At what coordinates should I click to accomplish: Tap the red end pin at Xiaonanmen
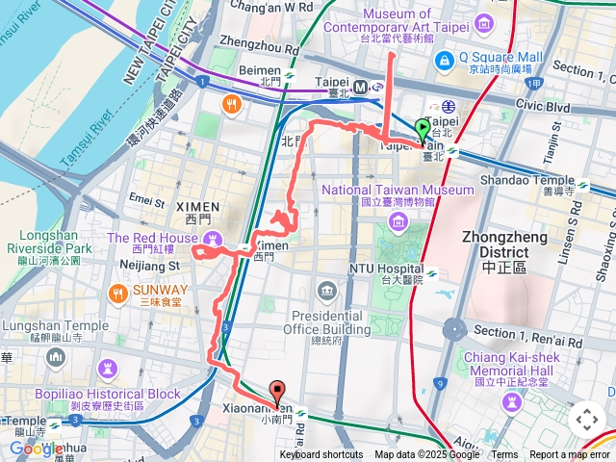[x=279, y=393]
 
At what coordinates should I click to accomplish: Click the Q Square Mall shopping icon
[x=444, y=62]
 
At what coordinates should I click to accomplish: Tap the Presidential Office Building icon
[x=327, y=291]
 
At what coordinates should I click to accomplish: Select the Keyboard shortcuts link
[x=321, y=455]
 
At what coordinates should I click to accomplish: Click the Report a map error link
[x=569, y=455]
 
